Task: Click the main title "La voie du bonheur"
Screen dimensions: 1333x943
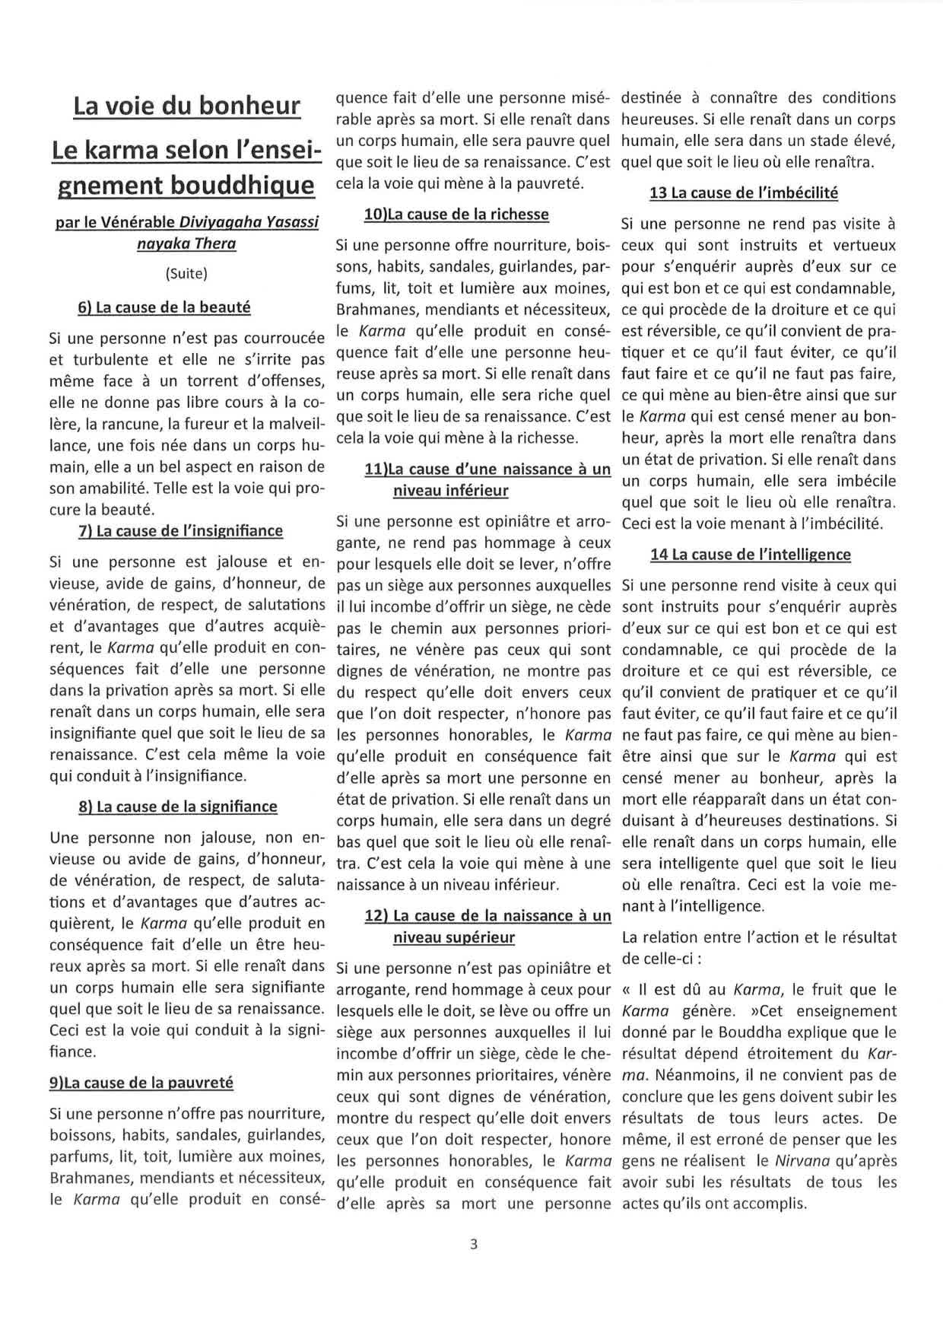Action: click(186, 106)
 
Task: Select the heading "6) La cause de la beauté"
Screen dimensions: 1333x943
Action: click(164, 307)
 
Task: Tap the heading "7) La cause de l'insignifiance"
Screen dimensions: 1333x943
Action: click(180, 530)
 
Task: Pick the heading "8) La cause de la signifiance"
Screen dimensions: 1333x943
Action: click(177, 806)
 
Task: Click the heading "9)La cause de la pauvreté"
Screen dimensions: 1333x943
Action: click(141, 1082)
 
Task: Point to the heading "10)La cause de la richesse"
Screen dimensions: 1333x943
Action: click(456, 214)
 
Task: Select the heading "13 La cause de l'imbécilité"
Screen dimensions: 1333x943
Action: click(743, 192)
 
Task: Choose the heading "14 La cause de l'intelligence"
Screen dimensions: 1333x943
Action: click(750, 554)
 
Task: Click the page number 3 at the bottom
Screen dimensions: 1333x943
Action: click(473, 1245)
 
